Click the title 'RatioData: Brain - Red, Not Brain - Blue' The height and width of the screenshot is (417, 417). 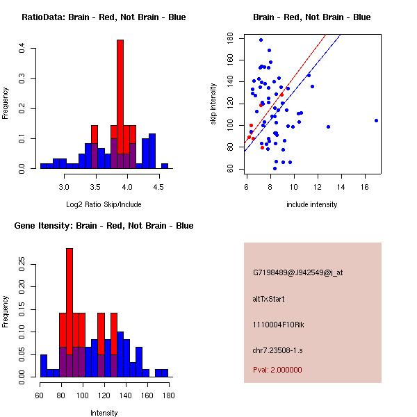click(103, 17)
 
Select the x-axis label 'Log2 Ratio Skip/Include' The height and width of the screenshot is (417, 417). click(103, 204)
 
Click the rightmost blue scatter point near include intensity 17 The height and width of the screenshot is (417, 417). click(376, 120)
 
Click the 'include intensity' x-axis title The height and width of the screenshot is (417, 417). click(312, 204)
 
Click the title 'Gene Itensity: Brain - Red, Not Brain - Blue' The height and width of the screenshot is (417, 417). click(103, 226)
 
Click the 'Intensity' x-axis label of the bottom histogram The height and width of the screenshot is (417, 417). click(104, 413)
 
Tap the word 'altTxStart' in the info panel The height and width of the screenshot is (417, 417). click(268, 299)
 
